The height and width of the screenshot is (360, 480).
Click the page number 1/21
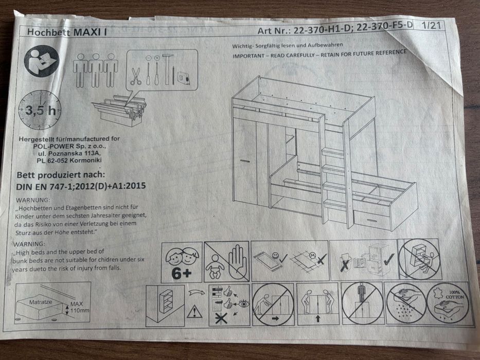click(431, 25)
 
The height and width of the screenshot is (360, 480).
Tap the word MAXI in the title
click(87, 32)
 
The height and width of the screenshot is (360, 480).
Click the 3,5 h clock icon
click(40, 110)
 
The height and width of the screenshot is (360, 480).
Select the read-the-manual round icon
click(41, 61)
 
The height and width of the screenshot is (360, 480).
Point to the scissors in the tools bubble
click(135, 76)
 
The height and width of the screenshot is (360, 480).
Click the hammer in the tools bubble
click(167, 69)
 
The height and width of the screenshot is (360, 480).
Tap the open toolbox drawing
click(119, 110)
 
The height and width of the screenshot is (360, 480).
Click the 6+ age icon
click(182, 262)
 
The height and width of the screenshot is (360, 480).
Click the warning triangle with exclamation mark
click(194, 312)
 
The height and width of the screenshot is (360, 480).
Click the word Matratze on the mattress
click(41, 302)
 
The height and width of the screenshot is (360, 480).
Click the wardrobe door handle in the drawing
click(245, 160)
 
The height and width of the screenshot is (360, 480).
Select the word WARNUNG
click(32, 200)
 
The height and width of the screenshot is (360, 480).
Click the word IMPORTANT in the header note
click(248, 56)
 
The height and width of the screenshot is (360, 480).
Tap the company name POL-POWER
click(54, 146)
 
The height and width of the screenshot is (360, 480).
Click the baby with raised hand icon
click(226, 262)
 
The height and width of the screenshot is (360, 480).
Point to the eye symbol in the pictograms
click(243, 304)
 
